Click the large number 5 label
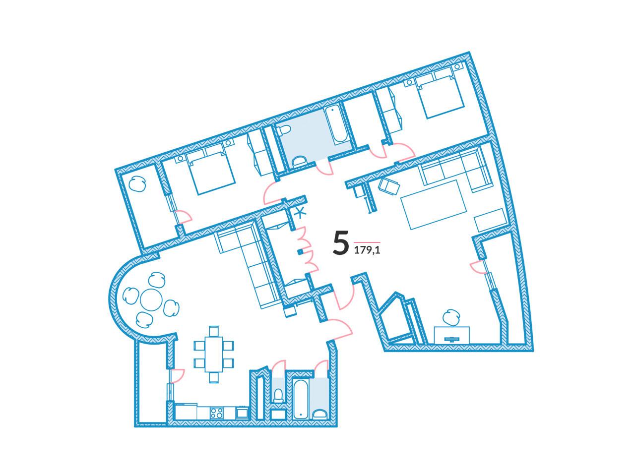tap(340, 243)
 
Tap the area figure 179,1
tap(367, 250)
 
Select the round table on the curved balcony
tap(151, 299)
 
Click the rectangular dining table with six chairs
tap(214, 354)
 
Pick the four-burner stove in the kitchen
tap(216, 413)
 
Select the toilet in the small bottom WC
tap(278, 395)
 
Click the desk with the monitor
tap(451, 335)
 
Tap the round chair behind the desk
tap(451, 317)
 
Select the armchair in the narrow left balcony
tap(137, 184)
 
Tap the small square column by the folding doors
tap(300, 252)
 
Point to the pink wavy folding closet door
tap(308, 249)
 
